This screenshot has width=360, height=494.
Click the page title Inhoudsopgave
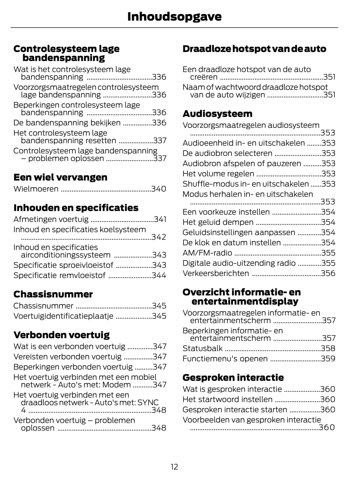click(x=174, y=16)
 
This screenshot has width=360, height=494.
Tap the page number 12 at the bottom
click(x=174, y=467)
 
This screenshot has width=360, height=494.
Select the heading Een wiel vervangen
click(x=60, y=177)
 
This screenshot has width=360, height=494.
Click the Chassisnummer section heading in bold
click(x=53, y=294)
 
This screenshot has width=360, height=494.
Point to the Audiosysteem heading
click(x=217, y=114)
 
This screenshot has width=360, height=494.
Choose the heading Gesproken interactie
click(x=233, y=377)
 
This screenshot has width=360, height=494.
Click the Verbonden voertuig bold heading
click(x=61, y=335)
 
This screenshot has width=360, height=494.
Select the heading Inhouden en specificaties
click(x=76, y=208)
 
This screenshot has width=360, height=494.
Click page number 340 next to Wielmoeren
click(x=159, y=189)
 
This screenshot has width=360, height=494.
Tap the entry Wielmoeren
click(x=36, y=189)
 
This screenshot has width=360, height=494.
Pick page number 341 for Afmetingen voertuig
click(x=160, y=219)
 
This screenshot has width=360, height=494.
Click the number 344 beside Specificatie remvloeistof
click(x=159, y=275)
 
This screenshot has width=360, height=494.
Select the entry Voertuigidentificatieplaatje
click(x=63, y=316)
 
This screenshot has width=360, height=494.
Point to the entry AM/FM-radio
click(x=207, y=253)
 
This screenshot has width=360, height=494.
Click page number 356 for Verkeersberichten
click(x=328, y=273)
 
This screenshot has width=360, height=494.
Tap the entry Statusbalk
click(x=202, y=348)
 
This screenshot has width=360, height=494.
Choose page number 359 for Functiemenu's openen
click(x=328, y=359)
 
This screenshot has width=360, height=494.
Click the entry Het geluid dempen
click(x=218, y=222)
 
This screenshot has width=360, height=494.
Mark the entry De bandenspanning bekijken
click(x=67, y=123)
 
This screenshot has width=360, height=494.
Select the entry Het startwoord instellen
click(x=227, y=399)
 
